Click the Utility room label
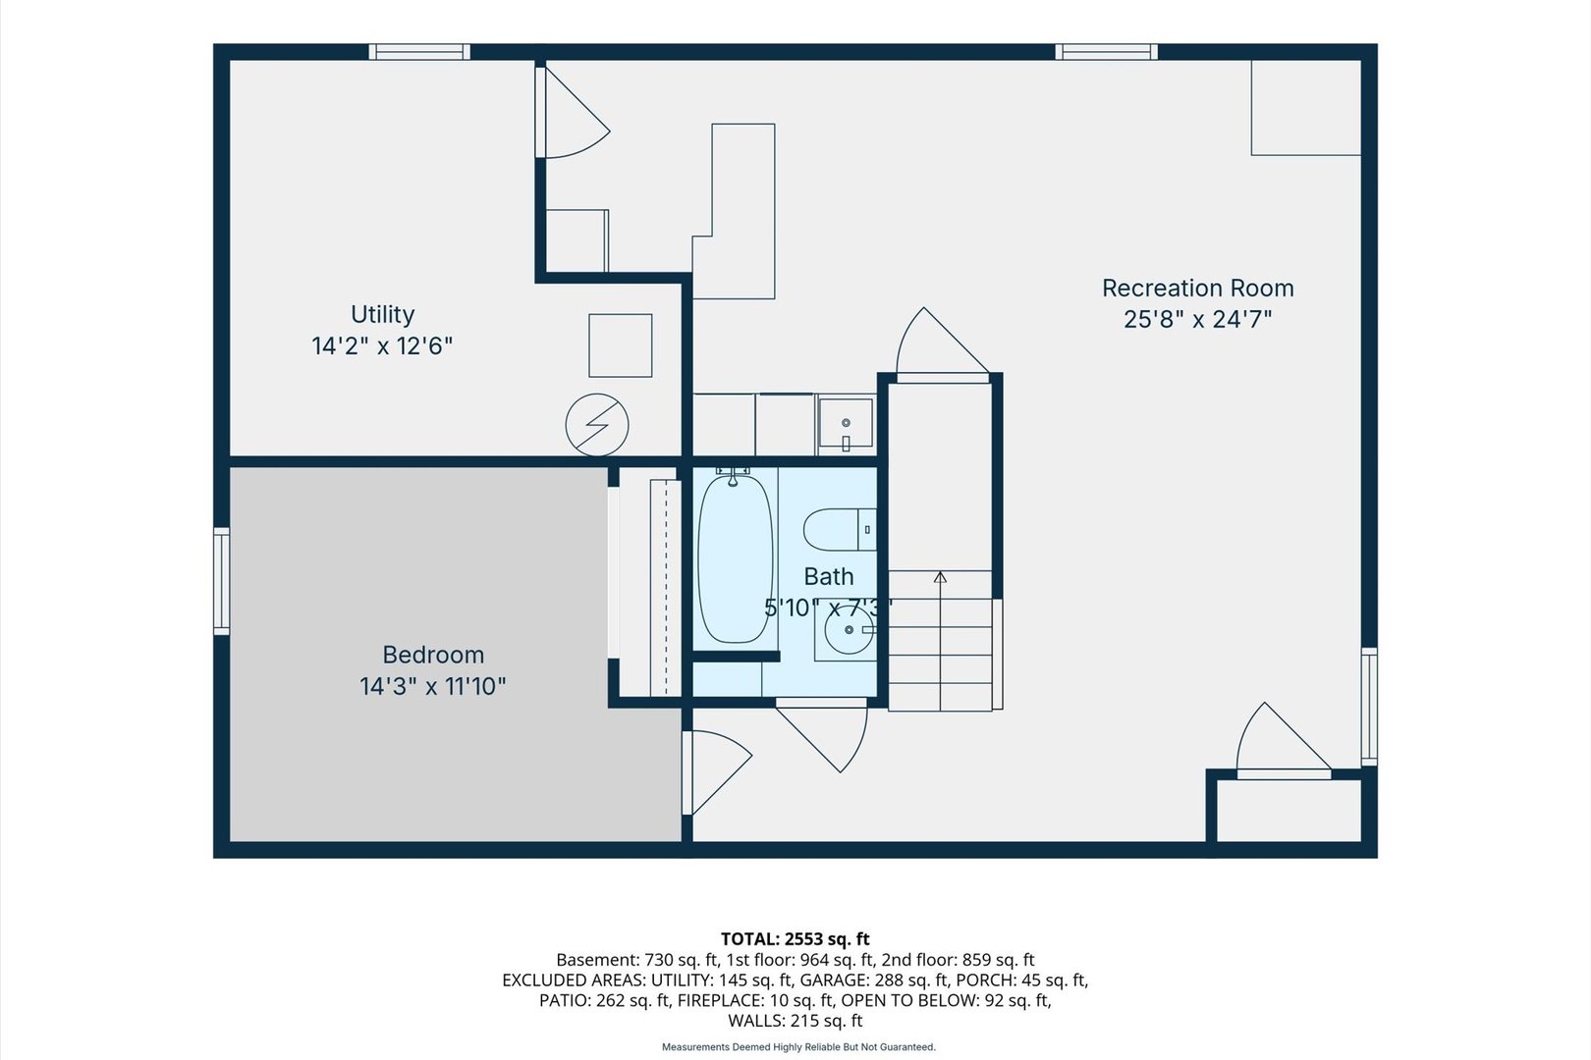tap(382, 314)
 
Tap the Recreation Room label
tap(1197, 288)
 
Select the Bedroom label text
tap(433, 654)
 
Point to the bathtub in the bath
tap(736, 558)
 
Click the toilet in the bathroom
tap(841, 530)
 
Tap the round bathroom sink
tap(850, 630)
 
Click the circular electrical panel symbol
tap(597, 425)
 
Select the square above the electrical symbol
tap(620, 345)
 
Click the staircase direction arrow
tap(941, 640)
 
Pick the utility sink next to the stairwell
tap(846, 423)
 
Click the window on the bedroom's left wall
tap(222, 581)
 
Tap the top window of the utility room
tap(419, 52)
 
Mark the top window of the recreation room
tap(1106, 52)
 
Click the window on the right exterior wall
tap(1369, 707)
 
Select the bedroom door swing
tap(717, 772)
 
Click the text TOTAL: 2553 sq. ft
tap(795, 938)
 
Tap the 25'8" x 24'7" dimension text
tap(1197, 320)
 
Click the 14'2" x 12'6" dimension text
tap(382, 345)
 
